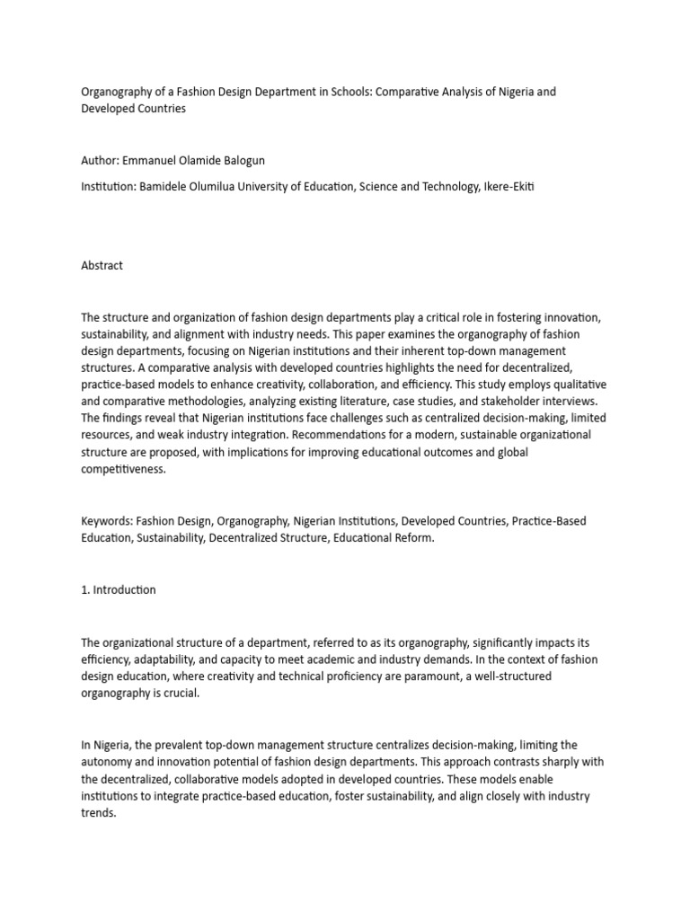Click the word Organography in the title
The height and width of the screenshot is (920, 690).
(x=119, y=92)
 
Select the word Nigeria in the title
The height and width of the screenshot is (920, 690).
(x=524, y=92)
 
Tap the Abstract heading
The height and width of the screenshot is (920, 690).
(x=102, y=266)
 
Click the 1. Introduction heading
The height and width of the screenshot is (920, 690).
(x=118, y=589)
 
